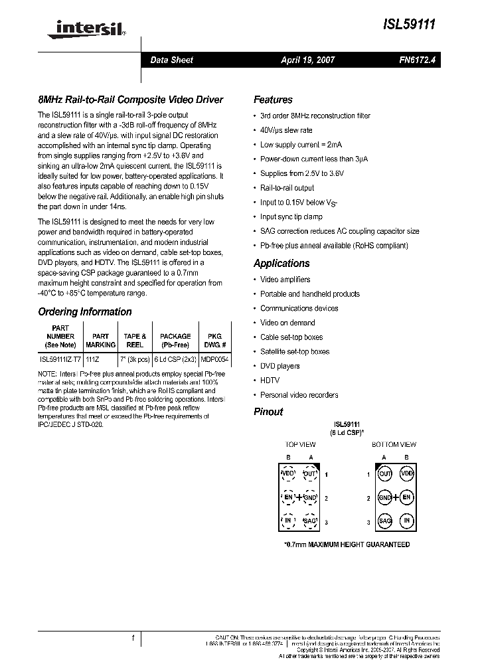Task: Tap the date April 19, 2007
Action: click(308, 60)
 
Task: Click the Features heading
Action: click(273, 100)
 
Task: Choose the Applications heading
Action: click(281, 263)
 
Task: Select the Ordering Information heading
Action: click(85, 311)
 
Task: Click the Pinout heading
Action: click(268, 412)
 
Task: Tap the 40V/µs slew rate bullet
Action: click(286, 130)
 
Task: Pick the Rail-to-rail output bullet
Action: click(287, 188)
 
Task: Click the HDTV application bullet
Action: click(270, 380)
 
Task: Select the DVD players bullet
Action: click(279, 366)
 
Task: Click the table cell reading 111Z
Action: click(93, 359)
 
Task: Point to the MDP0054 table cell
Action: click(214, 359)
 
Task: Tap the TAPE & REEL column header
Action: click(135, 341)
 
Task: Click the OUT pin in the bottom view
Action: click(385, 474)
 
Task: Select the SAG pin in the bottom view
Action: click(385, 521)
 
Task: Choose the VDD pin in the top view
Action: click(288, 474)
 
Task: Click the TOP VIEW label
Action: click(300, 444)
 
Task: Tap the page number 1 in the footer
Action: click(133, 638)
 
